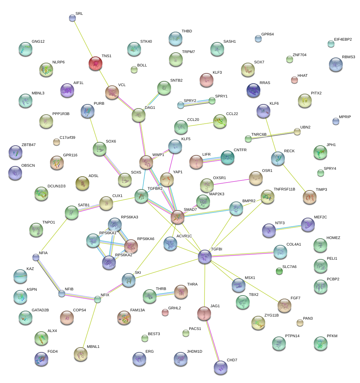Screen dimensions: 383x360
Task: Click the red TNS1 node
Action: click(x=96, y=64)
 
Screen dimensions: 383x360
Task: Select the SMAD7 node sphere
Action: click(x=178, y=217)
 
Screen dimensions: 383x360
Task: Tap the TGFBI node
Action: click(x=205, y=257)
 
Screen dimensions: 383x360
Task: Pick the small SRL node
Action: click(x=72, y=18)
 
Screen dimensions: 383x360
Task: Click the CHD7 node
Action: click(x=221, y=368)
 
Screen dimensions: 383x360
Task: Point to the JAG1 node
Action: click(x=204, y=313)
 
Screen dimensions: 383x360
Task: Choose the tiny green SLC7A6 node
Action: click(x=279, y=271)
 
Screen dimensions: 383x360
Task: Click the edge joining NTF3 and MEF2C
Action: click(x=289, y=228)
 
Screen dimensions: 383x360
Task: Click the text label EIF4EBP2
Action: click(x=343, y=39)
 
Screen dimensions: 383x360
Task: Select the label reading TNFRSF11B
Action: click(x=284, y=189)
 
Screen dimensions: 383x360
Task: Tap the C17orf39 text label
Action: click(x=67, y=138)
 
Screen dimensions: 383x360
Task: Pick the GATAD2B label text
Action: click(x=40, y=310)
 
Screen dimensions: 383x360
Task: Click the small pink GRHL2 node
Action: click(x=165, y=312)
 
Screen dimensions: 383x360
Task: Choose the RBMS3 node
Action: click(x=336, y=64)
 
